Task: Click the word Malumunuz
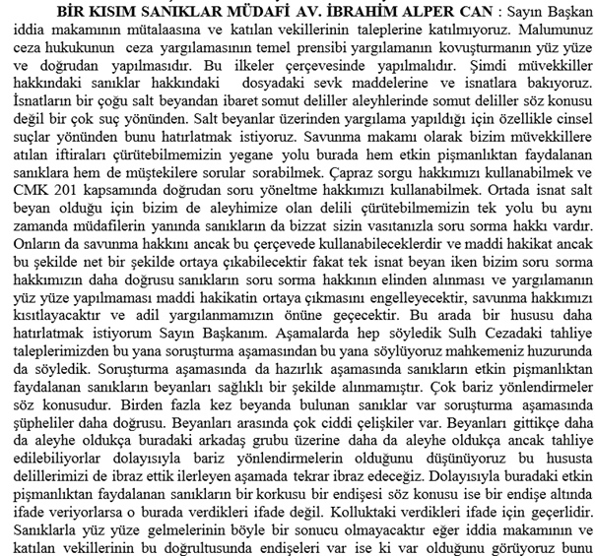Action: tap(547, 30)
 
